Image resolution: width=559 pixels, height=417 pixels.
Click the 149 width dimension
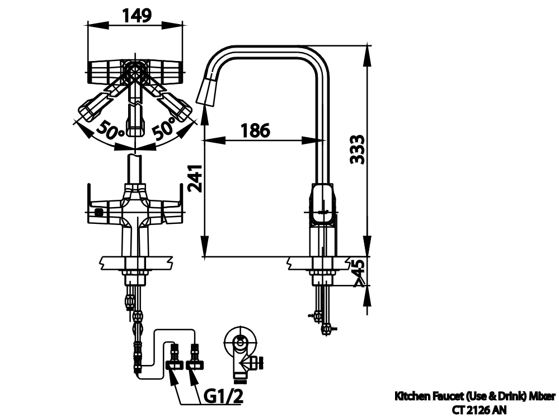click(x=137, y=15)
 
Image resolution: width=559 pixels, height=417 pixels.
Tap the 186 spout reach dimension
click(x=256, y=130)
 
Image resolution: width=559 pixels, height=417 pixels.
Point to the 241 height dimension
click(x=195, y=179)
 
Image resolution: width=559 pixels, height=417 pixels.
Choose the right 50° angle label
click(x=165, y=128)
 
